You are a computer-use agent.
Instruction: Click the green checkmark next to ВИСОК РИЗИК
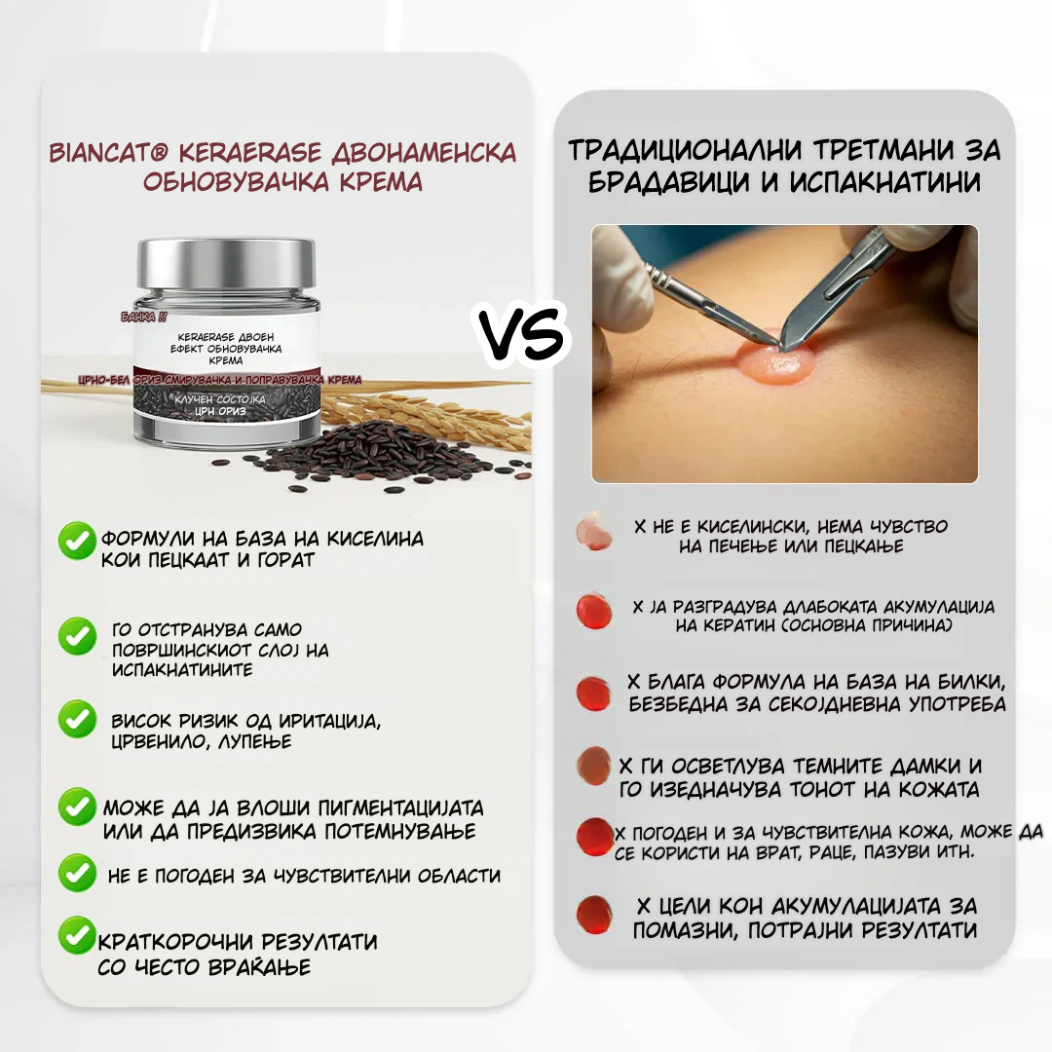(x=77, y=720)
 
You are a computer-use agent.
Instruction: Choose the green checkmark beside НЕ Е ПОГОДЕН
(x=77, y=873)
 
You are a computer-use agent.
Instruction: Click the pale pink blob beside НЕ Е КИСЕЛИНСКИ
(x=593, y=531)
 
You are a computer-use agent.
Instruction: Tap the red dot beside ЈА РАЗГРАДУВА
(x=593, y=611)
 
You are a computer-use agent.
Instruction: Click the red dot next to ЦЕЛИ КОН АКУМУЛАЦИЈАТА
(x=593, y=913)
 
